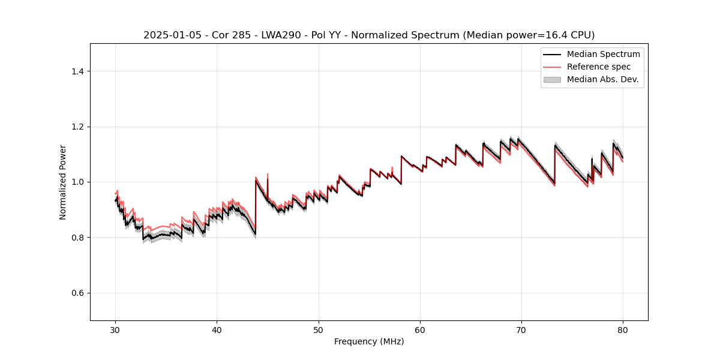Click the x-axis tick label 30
(x=115, y=329)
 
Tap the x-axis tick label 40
(x=217, y=329)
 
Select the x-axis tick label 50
(x=319, y=329)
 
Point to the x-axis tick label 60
(x=420, y=329)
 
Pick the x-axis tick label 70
(x=521, y=329)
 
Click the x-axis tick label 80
(x=623, y=329)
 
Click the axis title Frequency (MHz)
(x=369, y=341)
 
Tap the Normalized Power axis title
(x=63, y=182)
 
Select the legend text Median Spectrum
(x=603, y=54)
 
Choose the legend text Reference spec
(x=599, y=67)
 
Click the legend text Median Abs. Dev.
(x=602, y=79)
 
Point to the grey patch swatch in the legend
(x=552, y=79)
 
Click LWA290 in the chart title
(x=281, y=35)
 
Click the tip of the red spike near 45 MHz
(x=268, y=174)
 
